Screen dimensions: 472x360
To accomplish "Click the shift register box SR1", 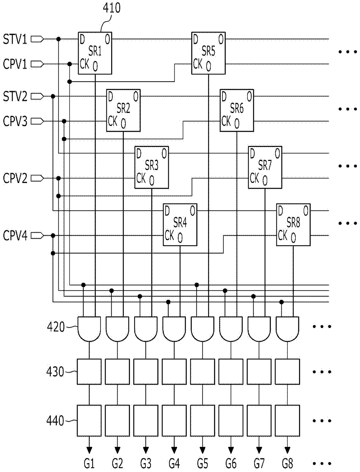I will pos(95,53).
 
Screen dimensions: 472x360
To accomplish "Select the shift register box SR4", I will pos(180,224).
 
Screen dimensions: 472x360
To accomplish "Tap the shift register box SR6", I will pos(237,110).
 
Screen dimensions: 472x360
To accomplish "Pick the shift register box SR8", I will pos(293,224).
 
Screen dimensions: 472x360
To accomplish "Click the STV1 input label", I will pos(15,39).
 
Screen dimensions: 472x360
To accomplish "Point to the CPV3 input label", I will pos(15,121).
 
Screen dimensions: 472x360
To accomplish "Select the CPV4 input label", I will pos(15,236).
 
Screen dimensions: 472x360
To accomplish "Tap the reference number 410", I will pos(111,8).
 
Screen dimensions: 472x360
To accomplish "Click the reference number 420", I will pos(55,327).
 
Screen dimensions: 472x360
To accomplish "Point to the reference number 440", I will pos(55,420).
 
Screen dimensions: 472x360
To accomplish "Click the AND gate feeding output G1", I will pos(89,329).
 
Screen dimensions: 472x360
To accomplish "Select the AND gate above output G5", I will pos(202,329).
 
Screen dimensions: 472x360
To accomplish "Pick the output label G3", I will pos(146,464).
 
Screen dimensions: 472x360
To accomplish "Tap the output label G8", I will pos(287,464).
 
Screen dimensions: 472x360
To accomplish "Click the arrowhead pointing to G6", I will pos(231,450).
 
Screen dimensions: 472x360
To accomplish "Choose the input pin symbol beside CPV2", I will pos(37,178).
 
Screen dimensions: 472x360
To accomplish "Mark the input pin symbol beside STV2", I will pos(37,96).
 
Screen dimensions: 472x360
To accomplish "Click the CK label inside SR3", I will pos(141,178).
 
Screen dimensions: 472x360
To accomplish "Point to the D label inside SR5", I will pos(195,39).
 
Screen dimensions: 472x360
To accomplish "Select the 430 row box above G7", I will pos(259,372).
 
